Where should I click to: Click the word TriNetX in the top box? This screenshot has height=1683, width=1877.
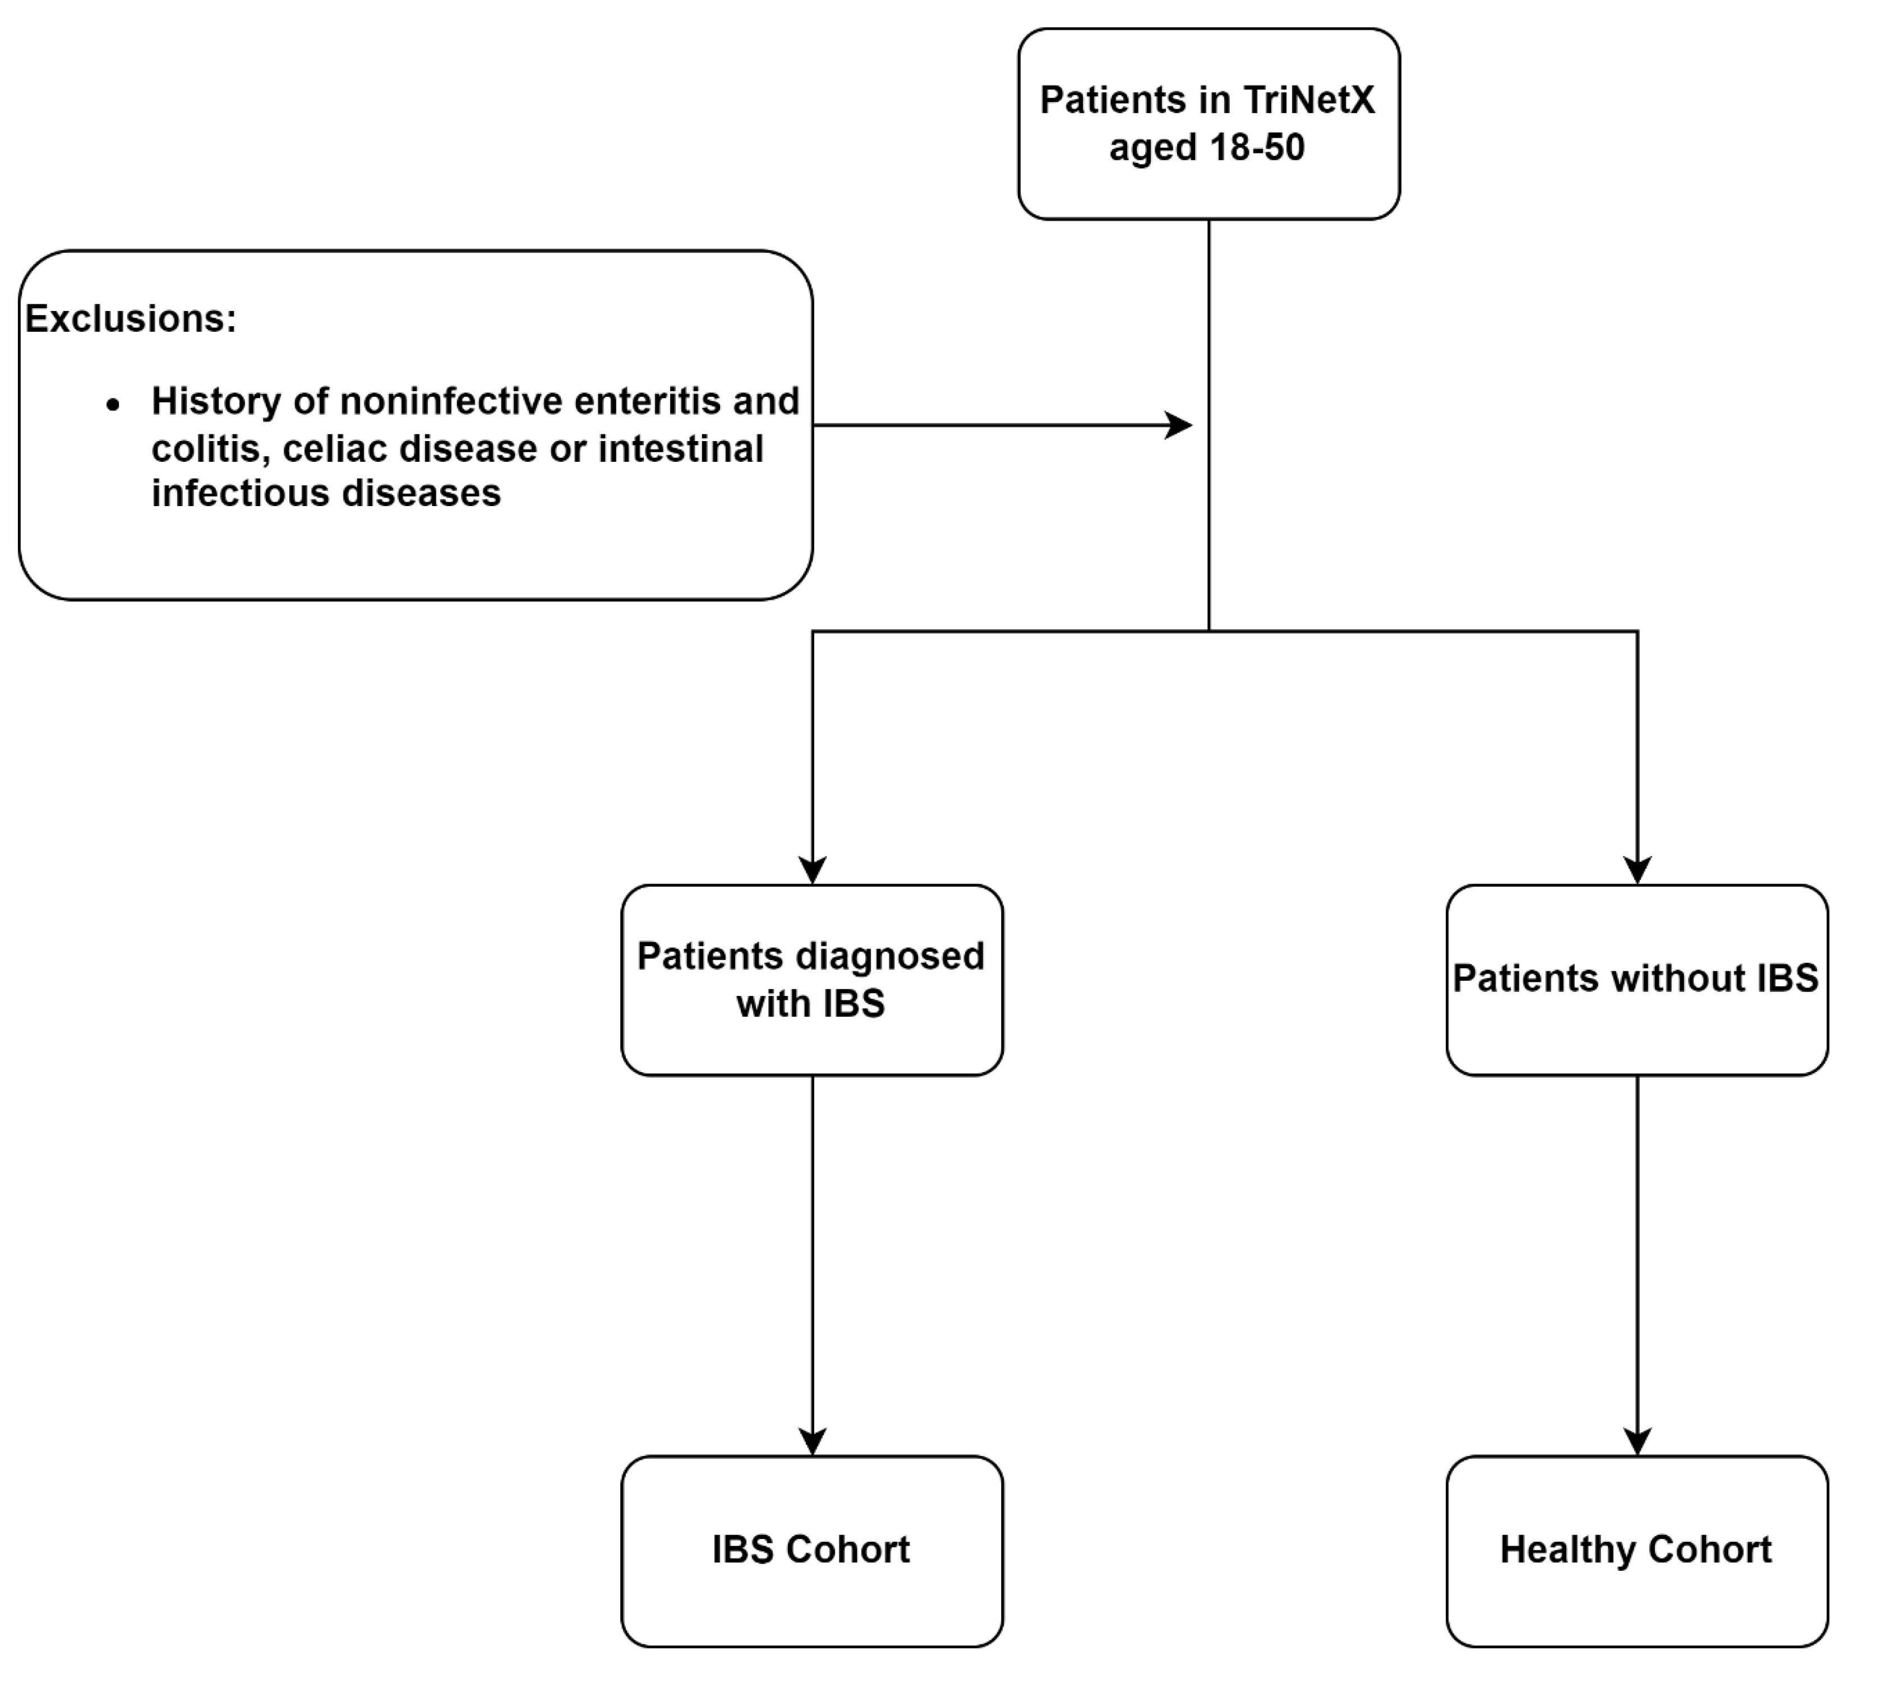[x=1309, y=100]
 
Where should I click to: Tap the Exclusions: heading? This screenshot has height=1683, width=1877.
[x=131, y=318]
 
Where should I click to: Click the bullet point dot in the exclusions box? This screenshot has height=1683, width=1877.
[x=113, y=404]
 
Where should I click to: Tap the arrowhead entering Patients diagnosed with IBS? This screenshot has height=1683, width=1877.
[x=812, y=870]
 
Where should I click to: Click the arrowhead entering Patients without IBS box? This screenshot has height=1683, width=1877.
[x=1638, y=870]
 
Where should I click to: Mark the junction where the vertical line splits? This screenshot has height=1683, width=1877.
[x=1209, y=632]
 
